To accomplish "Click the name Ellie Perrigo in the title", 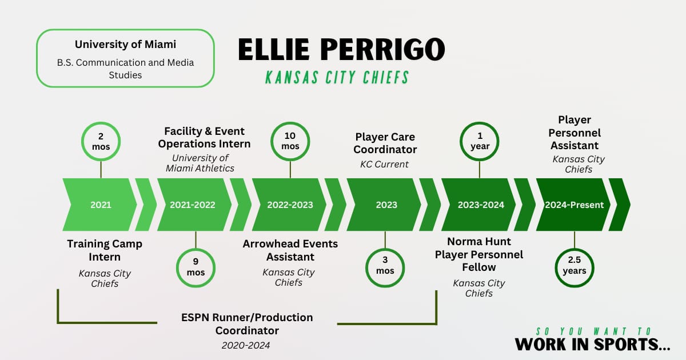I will tap(341, 49).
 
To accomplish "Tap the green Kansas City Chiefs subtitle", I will tap(337, 77).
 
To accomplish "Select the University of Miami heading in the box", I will tap(125, 44).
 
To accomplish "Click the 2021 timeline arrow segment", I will tap(101, 205).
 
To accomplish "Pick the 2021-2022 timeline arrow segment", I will tap(193, 205).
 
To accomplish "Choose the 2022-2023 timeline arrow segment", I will tap(290, 205).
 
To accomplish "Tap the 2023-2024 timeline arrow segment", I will tap(480, 205).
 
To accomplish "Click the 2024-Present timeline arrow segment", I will tap(574, 205).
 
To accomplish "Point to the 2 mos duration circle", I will tap(101, 142).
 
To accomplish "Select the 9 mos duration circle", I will tap(196, 267).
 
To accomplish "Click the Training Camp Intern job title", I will tap(105, 250).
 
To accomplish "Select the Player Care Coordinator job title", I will tap(385, 143).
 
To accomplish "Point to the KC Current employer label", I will tap(385, 164).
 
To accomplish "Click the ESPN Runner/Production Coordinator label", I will tap(247, 323).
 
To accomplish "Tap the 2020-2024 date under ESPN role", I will tap(246, 345).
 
